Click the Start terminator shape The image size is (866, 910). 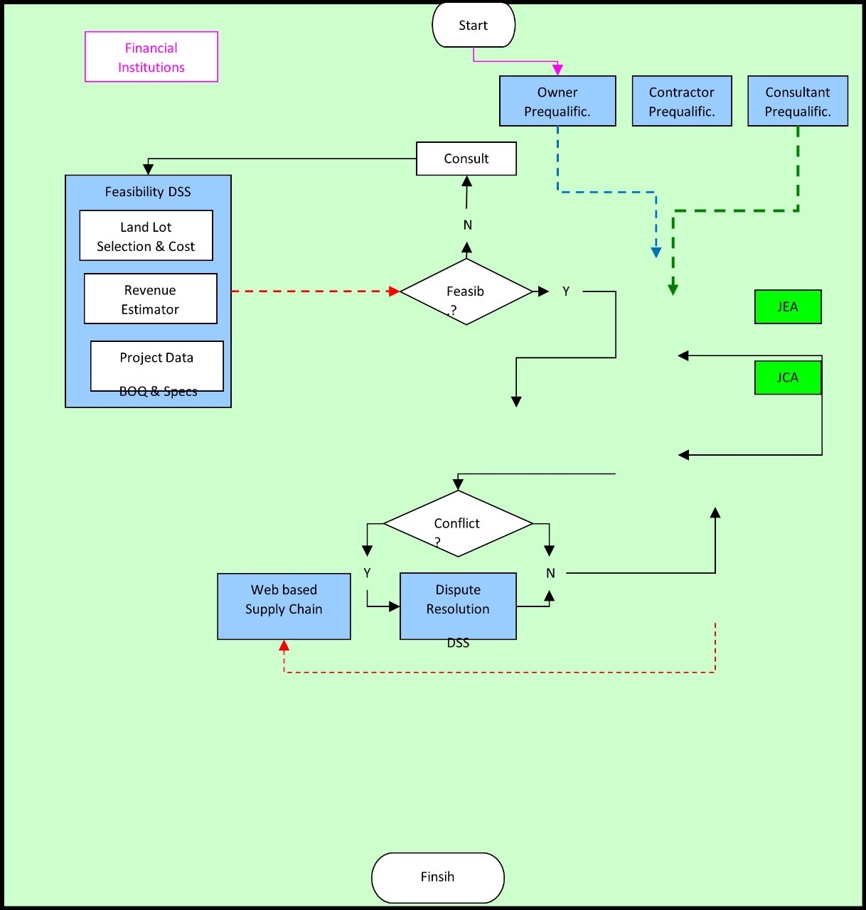click(x=473, y=26)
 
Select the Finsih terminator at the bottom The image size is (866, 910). click(x=437, y=877)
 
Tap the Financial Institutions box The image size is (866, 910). click(x=151, y=57)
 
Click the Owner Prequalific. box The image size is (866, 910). click(x=557, y=101)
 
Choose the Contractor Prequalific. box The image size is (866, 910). click(x=681, y=101)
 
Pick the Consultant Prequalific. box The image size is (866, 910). click(x=797, y=101)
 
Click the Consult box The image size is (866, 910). click(x=466, y=159)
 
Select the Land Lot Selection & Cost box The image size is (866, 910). click(x=146, y=236)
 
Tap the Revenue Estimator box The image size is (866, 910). click(x=150, y=299)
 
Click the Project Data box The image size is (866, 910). click(x=156, y=365)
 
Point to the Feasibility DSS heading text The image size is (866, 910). click(x=148, y=192)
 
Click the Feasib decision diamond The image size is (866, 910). click(x=466, y=291)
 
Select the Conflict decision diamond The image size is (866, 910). click(x=458, y=523)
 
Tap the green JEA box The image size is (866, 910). click(x=787, y=307)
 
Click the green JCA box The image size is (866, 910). click(x=787, y=378)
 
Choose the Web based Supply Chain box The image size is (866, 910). click(x=284, y=606)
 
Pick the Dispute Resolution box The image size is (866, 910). click(x=458, y=606)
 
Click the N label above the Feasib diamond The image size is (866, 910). click(x=467, y=225)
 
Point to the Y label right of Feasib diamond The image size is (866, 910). click(x=566, y=291)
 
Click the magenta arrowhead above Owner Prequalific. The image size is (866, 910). click(x=557, y=69)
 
